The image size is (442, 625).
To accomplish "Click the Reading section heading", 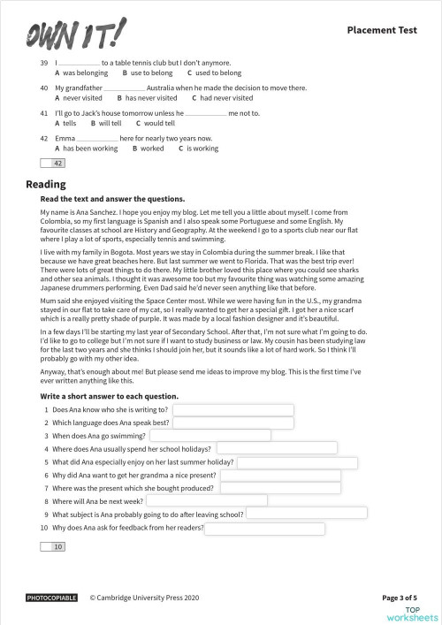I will coord(46,184).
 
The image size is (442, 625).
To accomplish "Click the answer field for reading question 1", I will coord(232,410).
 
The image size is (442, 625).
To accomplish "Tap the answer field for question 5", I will coord(297,462).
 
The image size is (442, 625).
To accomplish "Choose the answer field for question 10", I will coord(265,528).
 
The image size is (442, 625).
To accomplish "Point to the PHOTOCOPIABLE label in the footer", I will coord(52,598).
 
